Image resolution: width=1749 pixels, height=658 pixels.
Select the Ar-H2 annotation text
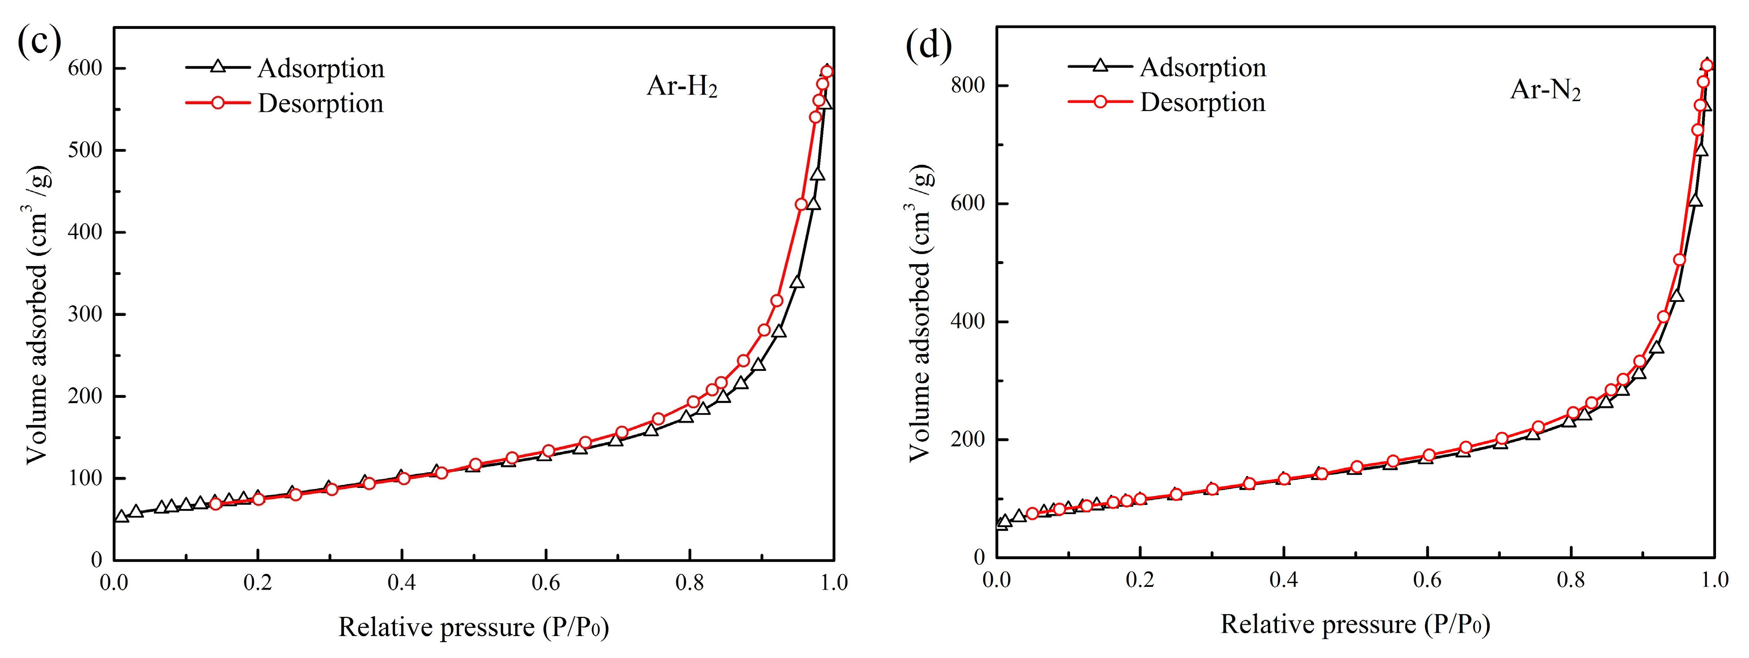coord(681,87)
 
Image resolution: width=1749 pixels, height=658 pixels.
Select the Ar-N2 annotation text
coord(1545,90)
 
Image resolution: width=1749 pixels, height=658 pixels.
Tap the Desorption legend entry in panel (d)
coord(1202,102)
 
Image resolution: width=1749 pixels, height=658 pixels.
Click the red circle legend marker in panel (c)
coord(218,102)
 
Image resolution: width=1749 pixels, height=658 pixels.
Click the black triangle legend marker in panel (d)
coord(1101,66)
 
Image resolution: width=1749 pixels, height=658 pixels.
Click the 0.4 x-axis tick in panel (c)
coord(401,583)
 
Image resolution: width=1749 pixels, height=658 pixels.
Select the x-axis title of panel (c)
coord(473,627)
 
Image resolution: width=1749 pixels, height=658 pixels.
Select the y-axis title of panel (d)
coord(921,312)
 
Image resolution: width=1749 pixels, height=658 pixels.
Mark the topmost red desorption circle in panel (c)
coord(826,71)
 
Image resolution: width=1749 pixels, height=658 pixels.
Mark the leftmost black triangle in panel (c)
coord(122,517)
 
